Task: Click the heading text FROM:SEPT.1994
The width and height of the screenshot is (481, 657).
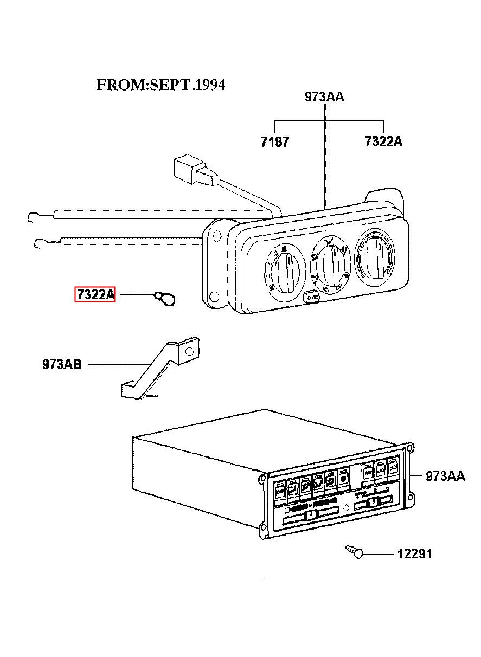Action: pos(161,85)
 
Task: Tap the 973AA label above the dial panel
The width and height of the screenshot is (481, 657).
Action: pos(324,96)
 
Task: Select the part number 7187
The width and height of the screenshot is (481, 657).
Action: pos(275,142)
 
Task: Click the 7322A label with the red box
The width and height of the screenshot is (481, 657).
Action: pos(95,294)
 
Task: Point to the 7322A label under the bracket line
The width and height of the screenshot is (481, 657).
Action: pos(383,141)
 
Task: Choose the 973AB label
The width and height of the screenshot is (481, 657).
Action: pos(62,364)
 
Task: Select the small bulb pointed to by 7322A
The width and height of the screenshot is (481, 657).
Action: pos(165,299)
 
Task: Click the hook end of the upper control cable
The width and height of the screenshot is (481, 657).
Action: pos(33,217)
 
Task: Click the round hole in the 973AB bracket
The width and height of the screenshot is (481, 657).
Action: pos(190,351)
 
